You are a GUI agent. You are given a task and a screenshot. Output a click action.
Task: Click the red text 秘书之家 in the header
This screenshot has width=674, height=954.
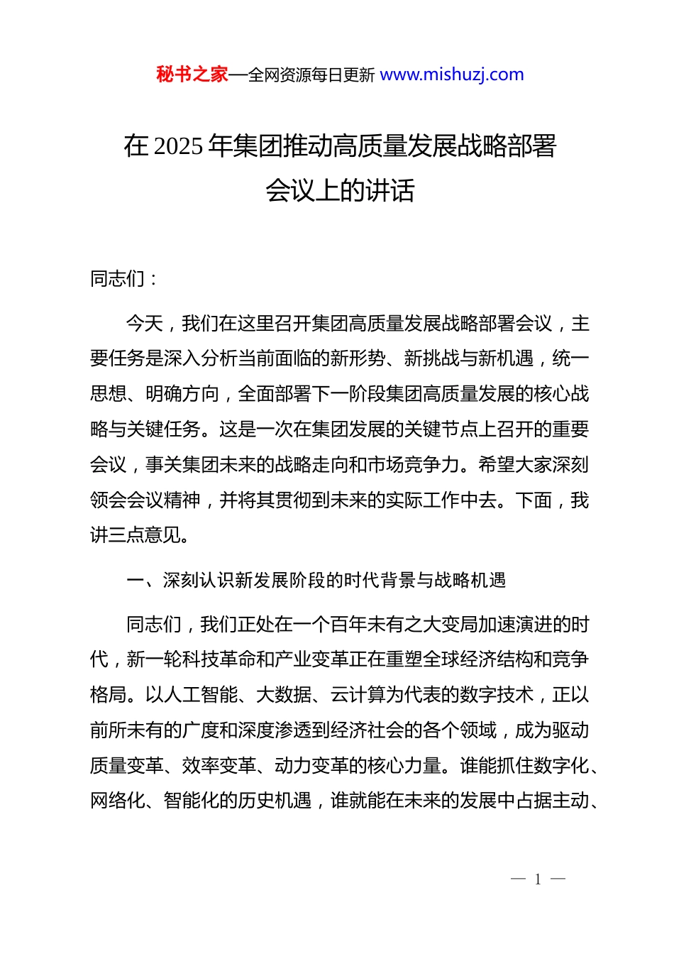pyautogui.click(x=192, y=75)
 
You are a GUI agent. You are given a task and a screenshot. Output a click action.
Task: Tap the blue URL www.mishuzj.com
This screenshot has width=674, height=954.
pyautogui.click(x=452, y=75)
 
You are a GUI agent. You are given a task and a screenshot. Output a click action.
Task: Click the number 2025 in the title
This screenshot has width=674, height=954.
pyautogui.click(x=178, y=146)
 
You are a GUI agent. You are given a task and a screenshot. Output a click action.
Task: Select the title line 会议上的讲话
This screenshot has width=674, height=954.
pyautogui.click(x=340, y=190)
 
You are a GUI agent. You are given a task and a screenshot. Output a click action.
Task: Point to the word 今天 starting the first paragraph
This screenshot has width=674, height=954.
pyautogui.click(x=145, y=324)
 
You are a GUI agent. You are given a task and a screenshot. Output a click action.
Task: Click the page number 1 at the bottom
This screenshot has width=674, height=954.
pyautogui.click(x=538, y=879)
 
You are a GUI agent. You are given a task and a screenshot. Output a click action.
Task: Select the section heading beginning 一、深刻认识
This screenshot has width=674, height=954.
pyautogui.click(x=316, y=581)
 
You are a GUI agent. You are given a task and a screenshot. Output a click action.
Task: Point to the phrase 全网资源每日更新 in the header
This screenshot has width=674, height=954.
pyautogui.click(x=311, y=75)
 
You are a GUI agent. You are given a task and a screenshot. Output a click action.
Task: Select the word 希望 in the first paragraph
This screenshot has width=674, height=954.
pyautogui.click(x=497, y=465)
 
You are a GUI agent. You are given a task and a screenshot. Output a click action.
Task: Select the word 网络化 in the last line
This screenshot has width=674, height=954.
pyautogui.click(x=118, y=801)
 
